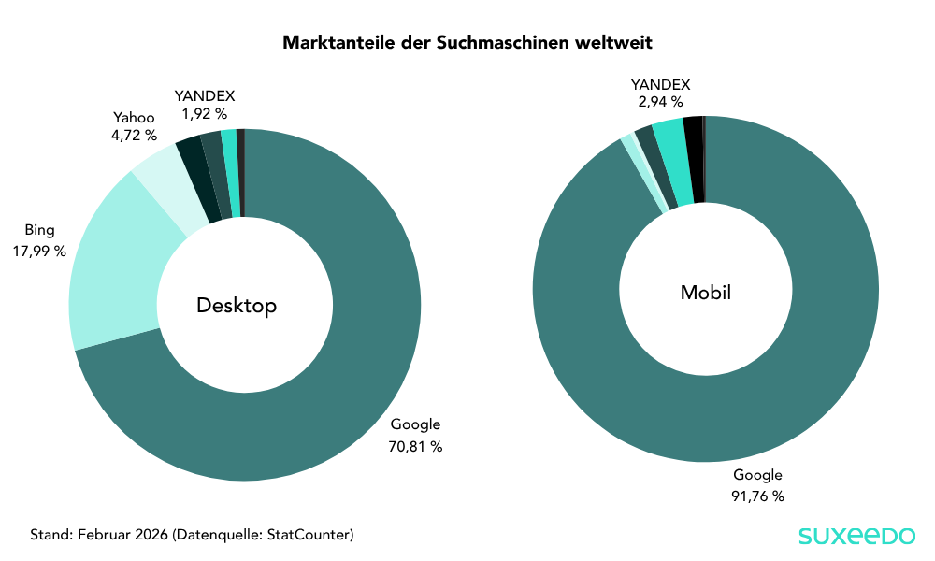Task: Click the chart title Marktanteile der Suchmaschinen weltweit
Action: point(467,43)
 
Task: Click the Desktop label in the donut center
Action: point(237,306)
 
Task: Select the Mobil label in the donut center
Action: point(705,293)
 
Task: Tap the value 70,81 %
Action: point(415,447)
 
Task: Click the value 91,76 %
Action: point(757,496)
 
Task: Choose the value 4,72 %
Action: point(134,136)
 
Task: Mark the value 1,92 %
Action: point(204,113)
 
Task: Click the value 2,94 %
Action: point(660,101)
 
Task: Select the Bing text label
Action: point(39,230)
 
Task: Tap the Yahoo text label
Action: point(134,117)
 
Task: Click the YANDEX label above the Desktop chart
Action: point(204,95)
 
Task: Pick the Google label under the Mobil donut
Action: point(757,474)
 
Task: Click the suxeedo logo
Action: point(856,536)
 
